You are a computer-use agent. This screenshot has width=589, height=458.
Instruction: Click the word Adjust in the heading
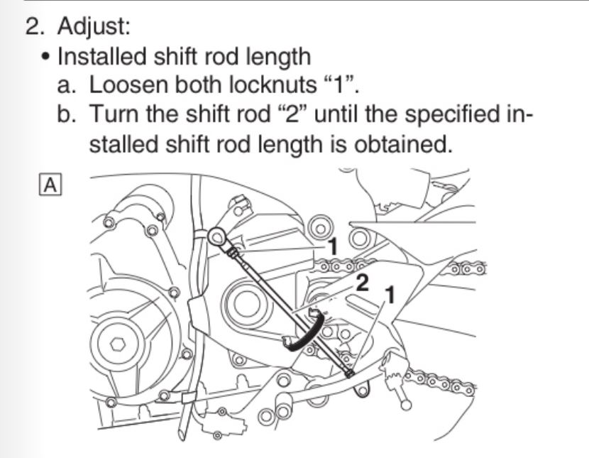[x=94, y=26]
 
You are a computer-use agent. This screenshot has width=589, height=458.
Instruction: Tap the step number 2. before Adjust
[x=35, y=26]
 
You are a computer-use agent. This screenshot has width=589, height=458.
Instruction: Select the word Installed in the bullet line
[x=101, y=56]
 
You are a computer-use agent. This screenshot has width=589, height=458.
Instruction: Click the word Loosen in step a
[x=128, y=84]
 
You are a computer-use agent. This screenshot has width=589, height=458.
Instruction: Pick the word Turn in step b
[x=114, y=114]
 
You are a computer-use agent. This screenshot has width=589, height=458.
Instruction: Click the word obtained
[x=403, y=144]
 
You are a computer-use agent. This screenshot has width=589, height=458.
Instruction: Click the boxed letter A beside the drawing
[x=50, y=185]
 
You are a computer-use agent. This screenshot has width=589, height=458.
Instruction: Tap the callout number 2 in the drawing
[x=362, y=283]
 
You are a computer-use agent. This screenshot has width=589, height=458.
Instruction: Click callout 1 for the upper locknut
[x=332, y=247]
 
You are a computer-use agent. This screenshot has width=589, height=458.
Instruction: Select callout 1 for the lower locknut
[x=390, y=295]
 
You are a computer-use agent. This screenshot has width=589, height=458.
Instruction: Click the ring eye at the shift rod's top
[x=216, y=236]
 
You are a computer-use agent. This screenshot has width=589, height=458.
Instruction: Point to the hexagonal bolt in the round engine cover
[x=118, y=344]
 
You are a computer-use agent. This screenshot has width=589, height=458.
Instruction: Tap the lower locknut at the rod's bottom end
[x=349, y=373]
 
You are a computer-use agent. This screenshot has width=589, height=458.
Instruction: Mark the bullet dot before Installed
[x=46, y=58]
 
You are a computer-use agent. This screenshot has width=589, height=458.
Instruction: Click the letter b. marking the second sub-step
[x=67, y=114]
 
